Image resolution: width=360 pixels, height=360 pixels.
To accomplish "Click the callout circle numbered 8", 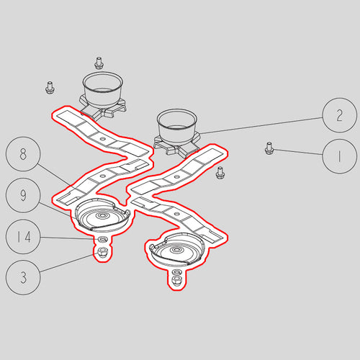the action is (23, 154).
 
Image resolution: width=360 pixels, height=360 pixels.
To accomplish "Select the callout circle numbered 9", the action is (23, 195).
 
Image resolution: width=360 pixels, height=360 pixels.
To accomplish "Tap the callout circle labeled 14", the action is (23, 237).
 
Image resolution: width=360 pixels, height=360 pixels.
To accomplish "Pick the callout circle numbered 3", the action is (23, 278).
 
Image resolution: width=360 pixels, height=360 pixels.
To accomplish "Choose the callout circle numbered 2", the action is (339, 115).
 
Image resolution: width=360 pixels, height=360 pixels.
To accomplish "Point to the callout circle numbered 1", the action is (339, 156).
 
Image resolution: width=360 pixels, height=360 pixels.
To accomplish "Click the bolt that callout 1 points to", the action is (269, 148).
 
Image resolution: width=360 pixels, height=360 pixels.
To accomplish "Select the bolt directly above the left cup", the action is (98, 63).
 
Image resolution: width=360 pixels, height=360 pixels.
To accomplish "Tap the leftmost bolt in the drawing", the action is (50, 88).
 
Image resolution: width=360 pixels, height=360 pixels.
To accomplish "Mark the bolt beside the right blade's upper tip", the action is (220, 173).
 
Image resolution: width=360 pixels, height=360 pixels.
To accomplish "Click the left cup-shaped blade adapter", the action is (103, 95).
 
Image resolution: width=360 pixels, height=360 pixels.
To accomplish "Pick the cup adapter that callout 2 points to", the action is (177, 132).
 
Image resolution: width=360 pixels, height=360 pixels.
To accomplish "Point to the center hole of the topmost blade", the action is (102, 139).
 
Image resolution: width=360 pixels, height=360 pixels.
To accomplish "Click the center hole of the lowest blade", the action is (177, 213).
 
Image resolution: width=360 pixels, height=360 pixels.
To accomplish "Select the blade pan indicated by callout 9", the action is (102, 215).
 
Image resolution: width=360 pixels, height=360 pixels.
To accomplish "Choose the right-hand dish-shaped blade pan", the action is (177, 249).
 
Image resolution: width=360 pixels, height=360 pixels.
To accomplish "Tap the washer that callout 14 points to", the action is (103, 239).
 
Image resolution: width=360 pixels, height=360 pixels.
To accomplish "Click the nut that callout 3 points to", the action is (102, 251).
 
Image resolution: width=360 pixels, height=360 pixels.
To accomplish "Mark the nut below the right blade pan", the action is (177, 279).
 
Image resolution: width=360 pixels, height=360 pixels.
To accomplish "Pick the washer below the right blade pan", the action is (177, 272).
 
